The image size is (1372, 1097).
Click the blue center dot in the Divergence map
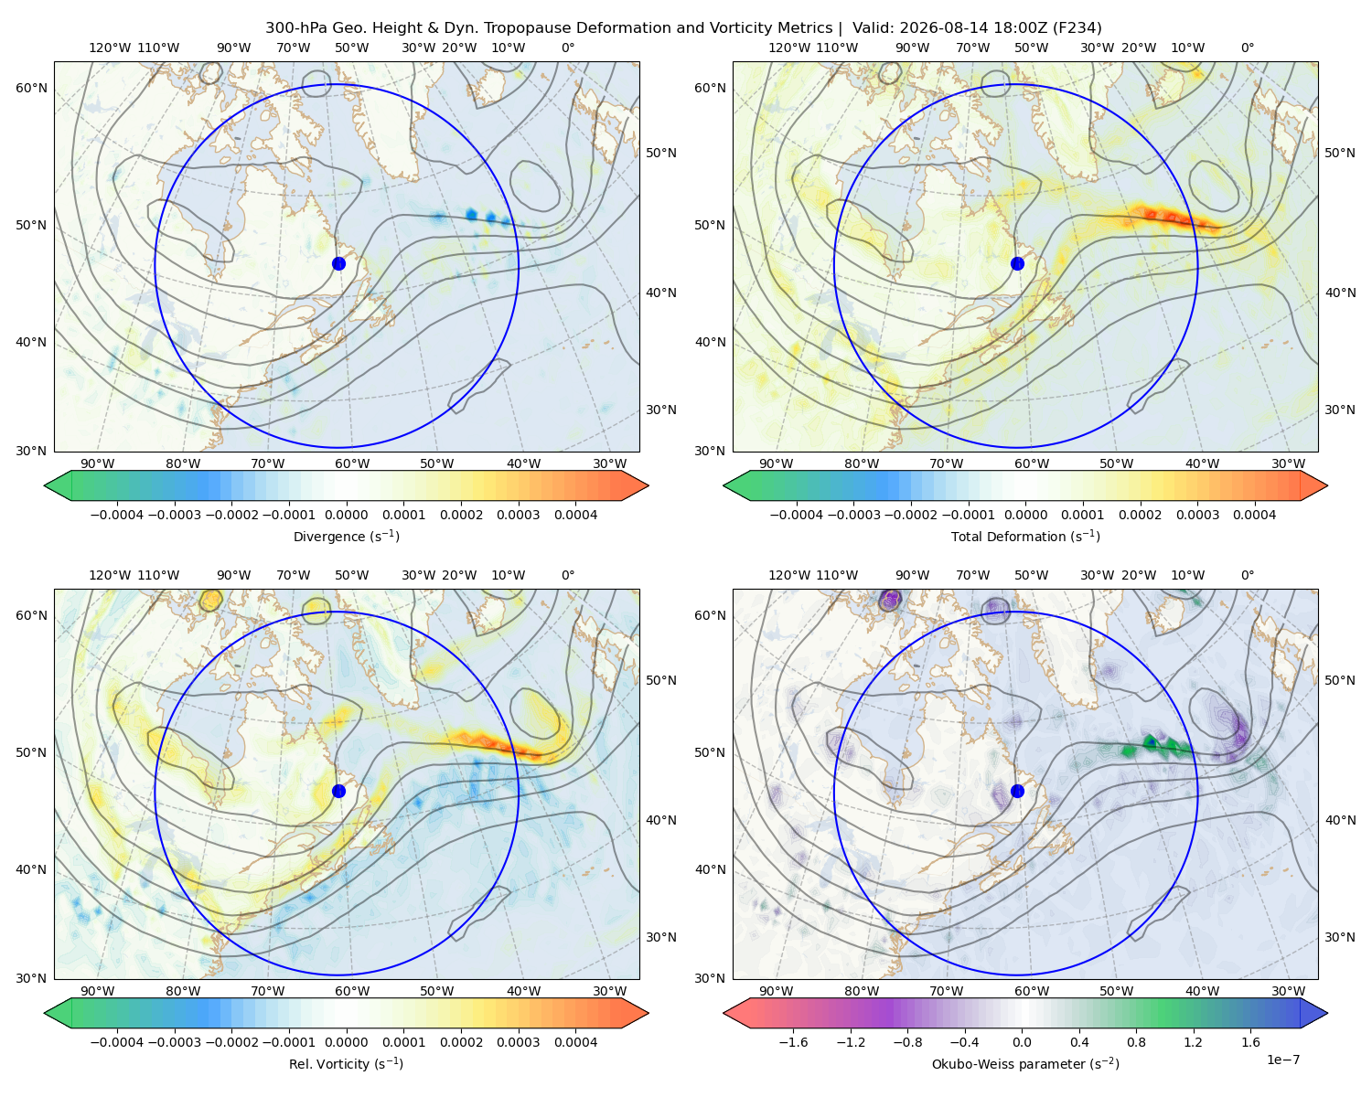click(338, 264)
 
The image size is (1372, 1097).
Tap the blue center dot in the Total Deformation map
click(1017, 264)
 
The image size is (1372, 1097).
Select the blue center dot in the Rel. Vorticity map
click(338, 791)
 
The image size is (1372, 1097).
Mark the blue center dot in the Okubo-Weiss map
click(1017, 791)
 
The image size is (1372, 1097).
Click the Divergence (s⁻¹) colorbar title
click(346, 536)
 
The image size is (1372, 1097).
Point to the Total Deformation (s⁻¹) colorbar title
click(1025, 536)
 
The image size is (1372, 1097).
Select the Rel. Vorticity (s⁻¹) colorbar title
click(346, 1064)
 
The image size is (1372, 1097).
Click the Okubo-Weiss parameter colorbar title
click(1025, 1064)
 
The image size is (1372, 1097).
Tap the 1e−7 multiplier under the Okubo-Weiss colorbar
click(1282, 1060)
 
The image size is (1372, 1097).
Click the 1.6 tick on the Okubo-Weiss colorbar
click(1250, 1042)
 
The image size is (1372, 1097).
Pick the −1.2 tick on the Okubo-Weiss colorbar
click(851, 1042)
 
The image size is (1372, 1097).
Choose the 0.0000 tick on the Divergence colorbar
click(346, 515)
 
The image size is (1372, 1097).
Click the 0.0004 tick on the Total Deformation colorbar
click(1254, 515)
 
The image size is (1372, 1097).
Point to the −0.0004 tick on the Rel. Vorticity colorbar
click(117, 1042)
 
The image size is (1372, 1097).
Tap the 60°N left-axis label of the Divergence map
click(31, 88)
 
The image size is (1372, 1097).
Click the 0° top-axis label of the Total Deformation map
click(1247, 48)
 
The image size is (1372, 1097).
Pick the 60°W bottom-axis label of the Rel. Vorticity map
click(352, 991)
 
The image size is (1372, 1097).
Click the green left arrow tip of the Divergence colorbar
click(45, 485)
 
